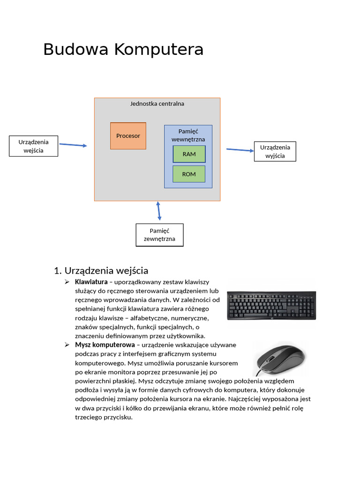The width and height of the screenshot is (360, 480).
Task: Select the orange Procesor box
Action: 128,136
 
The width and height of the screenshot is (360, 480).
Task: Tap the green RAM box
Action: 189,154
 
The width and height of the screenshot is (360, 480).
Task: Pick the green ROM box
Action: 189,174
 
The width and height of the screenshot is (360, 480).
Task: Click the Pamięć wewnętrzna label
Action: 188,135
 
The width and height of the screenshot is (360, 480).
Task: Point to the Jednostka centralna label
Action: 157,104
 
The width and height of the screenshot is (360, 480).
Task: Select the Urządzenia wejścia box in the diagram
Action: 34,146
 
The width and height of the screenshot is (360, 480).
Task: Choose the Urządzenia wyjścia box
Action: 275,151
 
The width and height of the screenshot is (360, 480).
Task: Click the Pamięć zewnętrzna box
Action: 159,235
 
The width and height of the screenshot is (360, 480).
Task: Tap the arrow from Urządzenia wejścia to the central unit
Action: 73,145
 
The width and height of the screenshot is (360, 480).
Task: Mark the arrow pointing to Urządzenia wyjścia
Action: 240,150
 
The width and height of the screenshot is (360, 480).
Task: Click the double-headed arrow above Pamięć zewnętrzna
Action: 159,211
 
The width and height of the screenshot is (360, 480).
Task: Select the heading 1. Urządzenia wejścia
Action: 101,270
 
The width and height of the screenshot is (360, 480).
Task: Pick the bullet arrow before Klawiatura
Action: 67,282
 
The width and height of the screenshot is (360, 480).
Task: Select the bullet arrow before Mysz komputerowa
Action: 67,345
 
